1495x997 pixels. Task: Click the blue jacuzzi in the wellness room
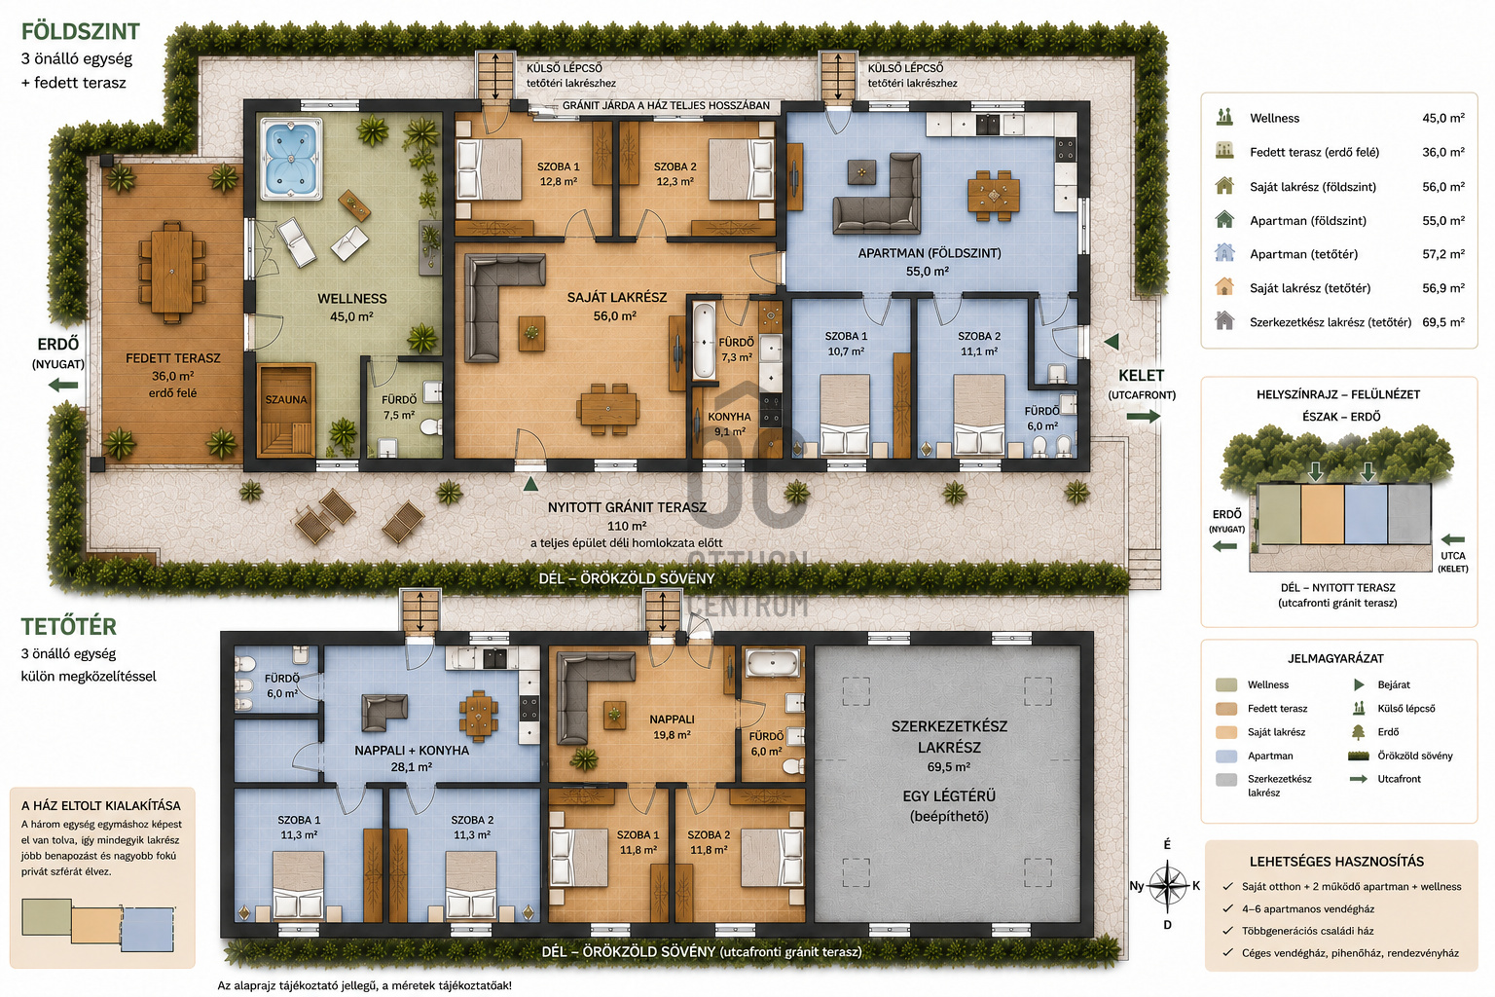(x=290, y=159)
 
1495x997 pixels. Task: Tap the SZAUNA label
(x=285, y=399)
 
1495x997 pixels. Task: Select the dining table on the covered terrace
(x=171, y=272)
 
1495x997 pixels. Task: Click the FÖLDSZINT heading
(x=80, y=31)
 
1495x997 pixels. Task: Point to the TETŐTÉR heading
(x=69, y=626)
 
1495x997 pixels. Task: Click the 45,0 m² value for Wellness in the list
(x=1443, y=118)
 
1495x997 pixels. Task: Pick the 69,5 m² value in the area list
(x=1443, y=322)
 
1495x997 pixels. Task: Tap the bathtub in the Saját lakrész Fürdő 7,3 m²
(x=704, y=341)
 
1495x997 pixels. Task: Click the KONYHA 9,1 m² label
(x=729, y=424)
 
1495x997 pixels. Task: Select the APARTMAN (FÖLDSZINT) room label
(x=930, y=254)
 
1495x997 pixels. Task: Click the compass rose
(x=1167, y=885)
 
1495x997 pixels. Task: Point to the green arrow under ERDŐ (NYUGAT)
(x=63, y=386)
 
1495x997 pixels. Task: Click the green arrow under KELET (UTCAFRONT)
(x=1144, y=416)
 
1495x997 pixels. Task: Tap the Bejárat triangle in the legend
(x=1358, y=684)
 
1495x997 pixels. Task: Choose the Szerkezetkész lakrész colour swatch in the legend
(x=1226, y=779)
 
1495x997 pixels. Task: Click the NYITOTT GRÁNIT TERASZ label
(x=627, y=507)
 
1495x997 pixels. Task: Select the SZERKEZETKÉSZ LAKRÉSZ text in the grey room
(x=949, y=737)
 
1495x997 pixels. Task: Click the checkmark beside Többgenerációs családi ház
(x=1227, y=930)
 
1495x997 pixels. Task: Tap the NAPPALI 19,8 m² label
(x=673, y=726)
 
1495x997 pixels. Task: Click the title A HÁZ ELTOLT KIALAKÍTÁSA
(x=101, y=806)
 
